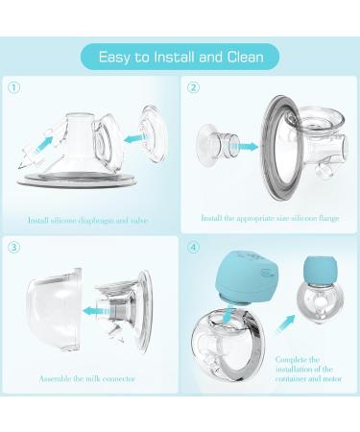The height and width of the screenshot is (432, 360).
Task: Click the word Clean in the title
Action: pyautogui.click(x=246, y=57)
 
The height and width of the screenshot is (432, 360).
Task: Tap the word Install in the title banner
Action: pyautogui.click(x=175, y=57)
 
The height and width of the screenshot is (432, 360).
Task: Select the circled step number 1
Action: pyautogui.click(x=14, y=87)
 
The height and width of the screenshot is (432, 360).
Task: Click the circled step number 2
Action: pyautogui.click(x=193, y=87)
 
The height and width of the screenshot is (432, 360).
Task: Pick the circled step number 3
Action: pyautogui.click(x=14, y=247)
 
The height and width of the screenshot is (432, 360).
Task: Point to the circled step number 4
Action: pyautogui.click(x=193, y=247)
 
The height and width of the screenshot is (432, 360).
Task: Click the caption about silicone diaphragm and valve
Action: pyautogui.click(x=87, y=220)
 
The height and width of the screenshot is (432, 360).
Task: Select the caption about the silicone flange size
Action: pyautogui.click(x=270, y=218)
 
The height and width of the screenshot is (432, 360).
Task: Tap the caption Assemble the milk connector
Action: pyautogui.click(x=87, y=379)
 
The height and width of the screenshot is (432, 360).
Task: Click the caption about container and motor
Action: pyautogui.click(x=308, y=370)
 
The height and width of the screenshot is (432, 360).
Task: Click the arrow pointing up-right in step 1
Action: pyautogui.click(x=44, y=144)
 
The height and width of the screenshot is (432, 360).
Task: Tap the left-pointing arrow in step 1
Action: pyautogui.click(x=136, y=139)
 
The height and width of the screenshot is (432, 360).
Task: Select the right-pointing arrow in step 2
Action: pyautogui.click(x=245, y=147)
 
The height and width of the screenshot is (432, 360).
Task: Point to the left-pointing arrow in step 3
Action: pyautogui.click(x=96, y=311)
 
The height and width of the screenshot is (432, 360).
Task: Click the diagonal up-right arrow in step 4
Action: pyautogui.click(x=286, y=324)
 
